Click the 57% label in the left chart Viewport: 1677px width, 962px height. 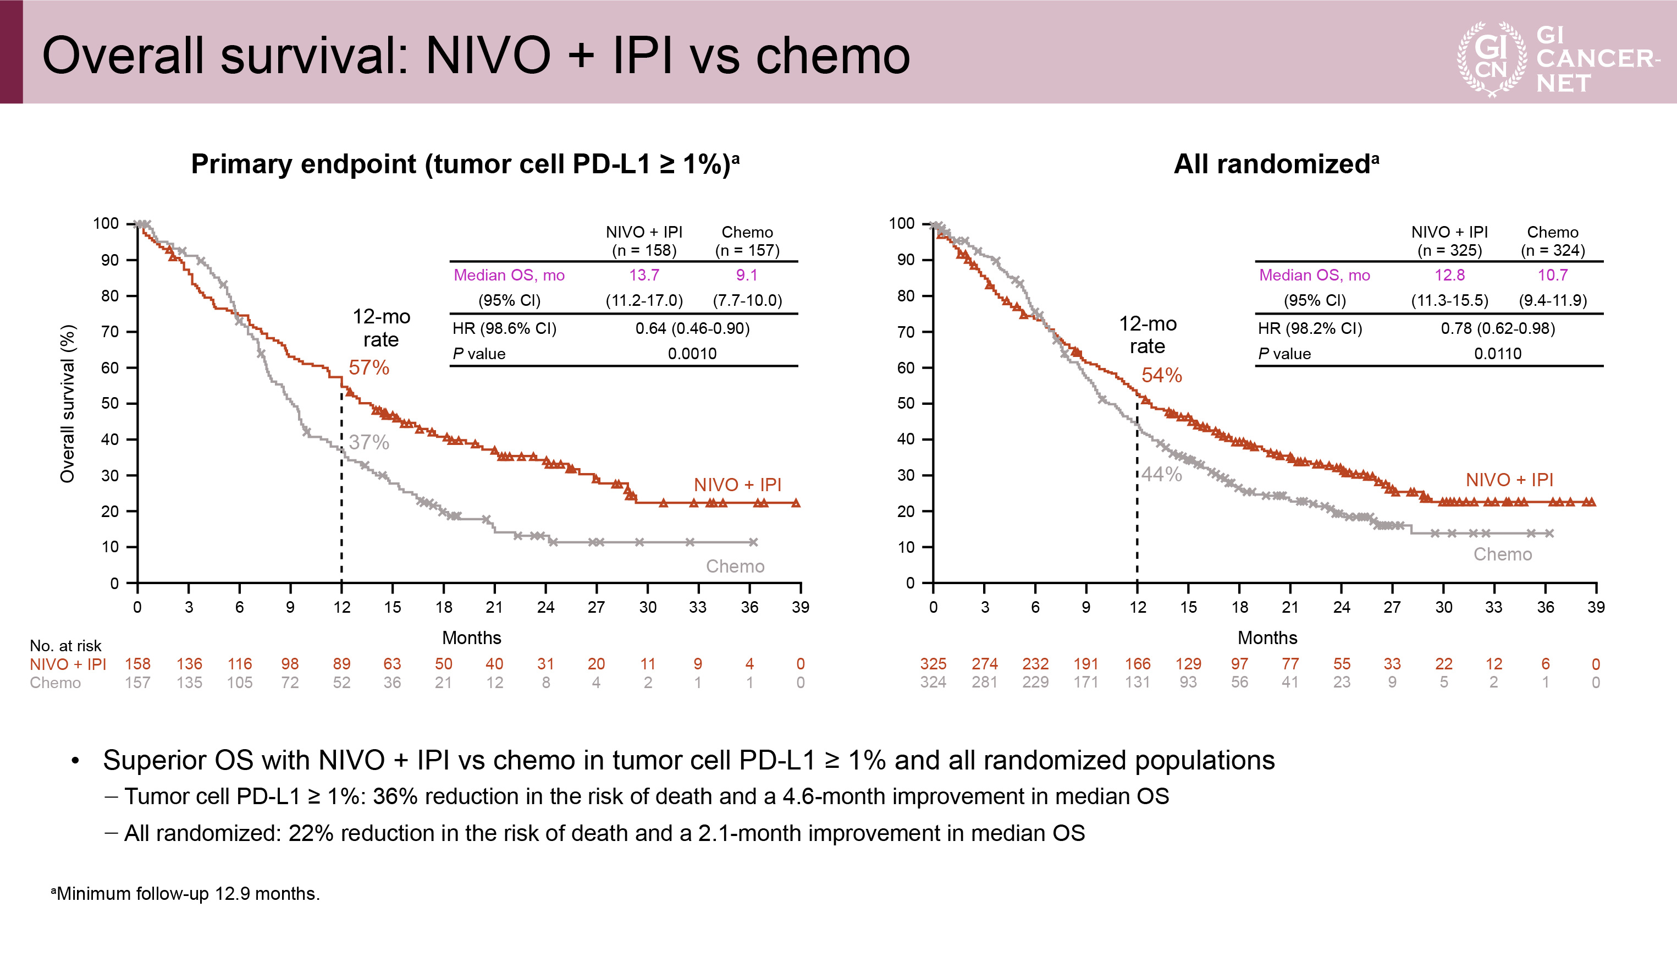coord(368,367)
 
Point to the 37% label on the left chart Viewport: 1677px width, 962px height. coord(368,442)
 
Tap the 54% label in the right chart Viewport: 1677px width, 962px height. coord(1161,375)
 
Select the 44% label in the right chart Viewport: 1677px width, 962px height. coord(1161,474)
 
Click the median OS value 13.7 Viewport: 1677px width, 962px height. coord(643,275)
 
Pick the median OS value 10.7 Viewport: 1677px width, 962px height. coord(1552,275)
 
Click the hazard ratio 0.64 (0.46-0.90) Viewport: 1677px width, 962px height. coord(692,328)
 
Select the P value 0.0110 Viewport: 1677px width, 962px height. coord(1497,354)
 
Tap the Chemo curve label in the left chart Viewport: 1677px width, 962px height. coord(735,566)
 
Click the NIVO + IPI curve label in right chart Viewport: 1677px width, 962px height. coord(1509,480)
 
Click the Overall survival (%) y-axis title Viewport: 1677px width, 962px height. coord(68,403)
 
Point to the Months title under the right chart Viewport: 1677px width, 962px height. coord(1266,637)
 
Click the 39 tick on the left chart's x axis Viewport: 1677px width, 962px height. coord(800,607)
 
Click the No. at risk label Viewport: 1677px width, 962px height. coord(65,646)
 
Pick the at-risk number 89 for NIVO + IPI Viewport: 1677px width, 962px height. coord(341,663)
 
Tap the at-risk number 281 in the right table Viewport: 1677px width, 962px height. coord(984,682)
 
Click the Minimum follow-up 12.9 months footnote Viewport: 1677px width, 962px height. coord(186,893)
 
